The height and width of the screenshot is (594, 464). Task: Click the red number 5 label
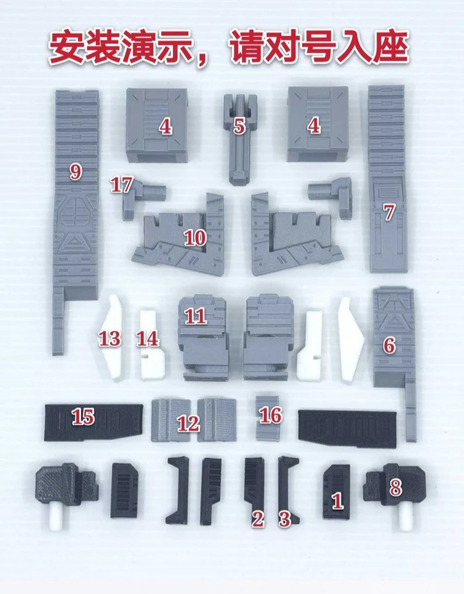(x=239, y=126)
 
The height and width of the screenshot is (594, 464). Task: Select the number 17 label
(x=122, y=185)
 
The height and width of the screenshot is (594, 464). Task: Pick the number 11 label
(x=195, y=316)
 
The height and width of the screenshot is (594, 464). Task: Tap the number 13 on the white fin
(x=110, y=338)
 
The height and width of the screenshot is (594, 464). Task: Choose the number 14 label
(x=148, y=338)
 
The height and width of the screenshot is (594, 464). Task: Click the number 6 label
(x=389, y=345)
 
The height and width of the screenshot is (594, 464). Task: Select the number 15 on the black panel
(x=84, y=416)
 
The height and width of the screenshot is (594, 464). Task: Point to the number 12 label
(x=189, y=423)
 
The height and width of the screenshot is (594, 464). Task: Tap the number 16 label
(x=271, y=415)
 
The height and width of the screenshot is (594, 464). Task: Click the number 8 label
(x=395, y=488)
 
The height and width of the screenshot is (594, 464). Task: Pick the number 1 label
(x=337, y=501)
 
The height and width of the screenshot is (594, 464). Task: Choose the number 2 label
(x=258, y=519)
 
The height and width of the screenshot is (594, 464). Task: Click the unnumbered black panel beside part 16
(x=348, y=428)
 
